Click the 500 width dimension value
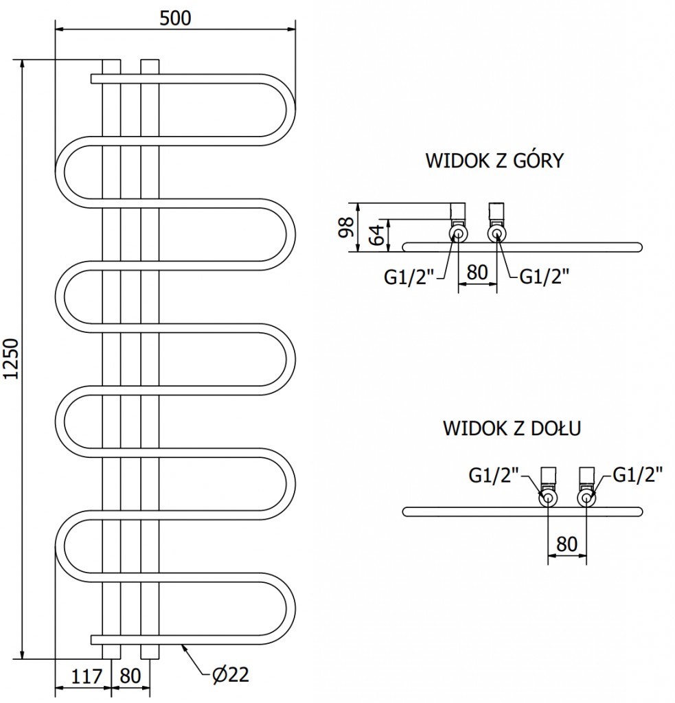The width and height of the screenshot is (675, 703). point(175,18)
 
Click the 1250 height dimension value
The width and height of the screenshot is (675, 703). point(10,359)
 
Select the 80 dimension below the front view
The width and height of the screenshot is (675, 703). point(130,676)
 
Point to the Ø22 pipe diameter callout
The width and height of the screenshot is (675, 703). point(227,676)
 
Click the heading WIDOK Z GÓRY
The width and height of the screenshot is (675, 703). point(494,161)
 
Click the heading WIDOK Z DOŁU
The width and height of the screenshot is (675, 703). point(512,429)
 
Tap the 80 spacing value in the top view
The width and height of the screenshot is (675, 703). point(477,272)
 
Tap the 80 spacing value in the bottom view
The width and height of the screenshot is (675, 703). point(567,544)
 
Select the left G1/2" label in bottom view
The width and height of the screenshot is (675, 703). point(494,474)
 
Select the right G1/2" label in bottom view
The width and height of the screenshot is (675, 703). point(638,474)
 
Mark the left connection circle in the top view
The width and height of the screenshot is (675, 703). point(458,235)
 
